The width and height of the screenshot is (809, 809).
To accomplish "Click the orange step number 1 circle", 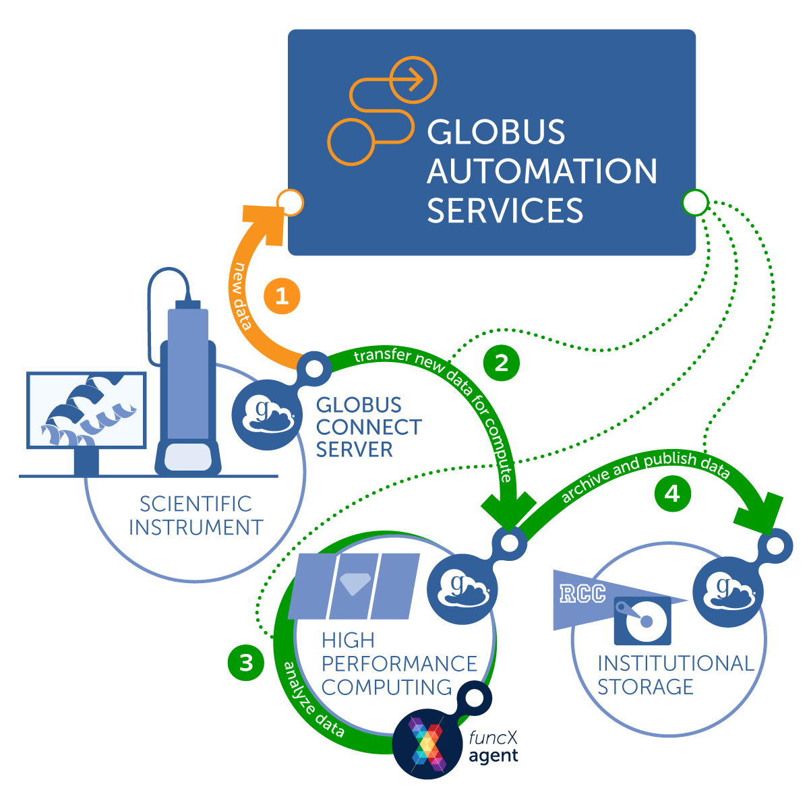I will point(282,296).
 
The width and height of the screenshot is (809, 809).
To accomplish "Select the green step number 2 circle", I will point(502,363).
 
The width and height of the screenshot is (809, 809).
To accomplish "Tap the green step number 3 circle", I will point(246,662).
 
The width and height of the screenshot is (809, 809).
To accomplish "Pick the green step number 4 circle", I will point(672,493).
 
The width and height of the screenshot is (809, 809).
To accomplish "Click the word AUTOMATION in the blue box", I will point(542,171).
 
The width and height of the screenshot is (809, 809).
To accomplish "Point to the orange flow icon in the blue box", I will point(382,111).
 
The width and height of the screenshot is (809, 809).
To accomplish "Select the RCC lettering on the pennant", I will point(582,594).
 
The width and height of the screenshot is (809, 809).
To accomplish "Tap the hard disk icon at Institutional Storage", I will point(642,620).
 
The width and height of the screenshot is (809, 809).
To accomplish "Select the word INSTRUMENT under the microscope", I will point(196,527).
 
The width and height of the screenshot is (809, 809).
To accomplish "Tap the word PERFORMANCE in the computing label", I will point(399,663).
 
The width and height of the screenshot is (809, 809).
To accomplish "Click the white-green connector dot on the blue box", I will point(695,202).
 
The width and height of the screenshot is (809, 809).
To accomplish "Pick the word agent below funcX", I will point(493,756).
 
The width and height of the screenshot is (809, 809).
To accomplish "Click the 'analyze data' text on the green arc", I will point(311,701).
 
